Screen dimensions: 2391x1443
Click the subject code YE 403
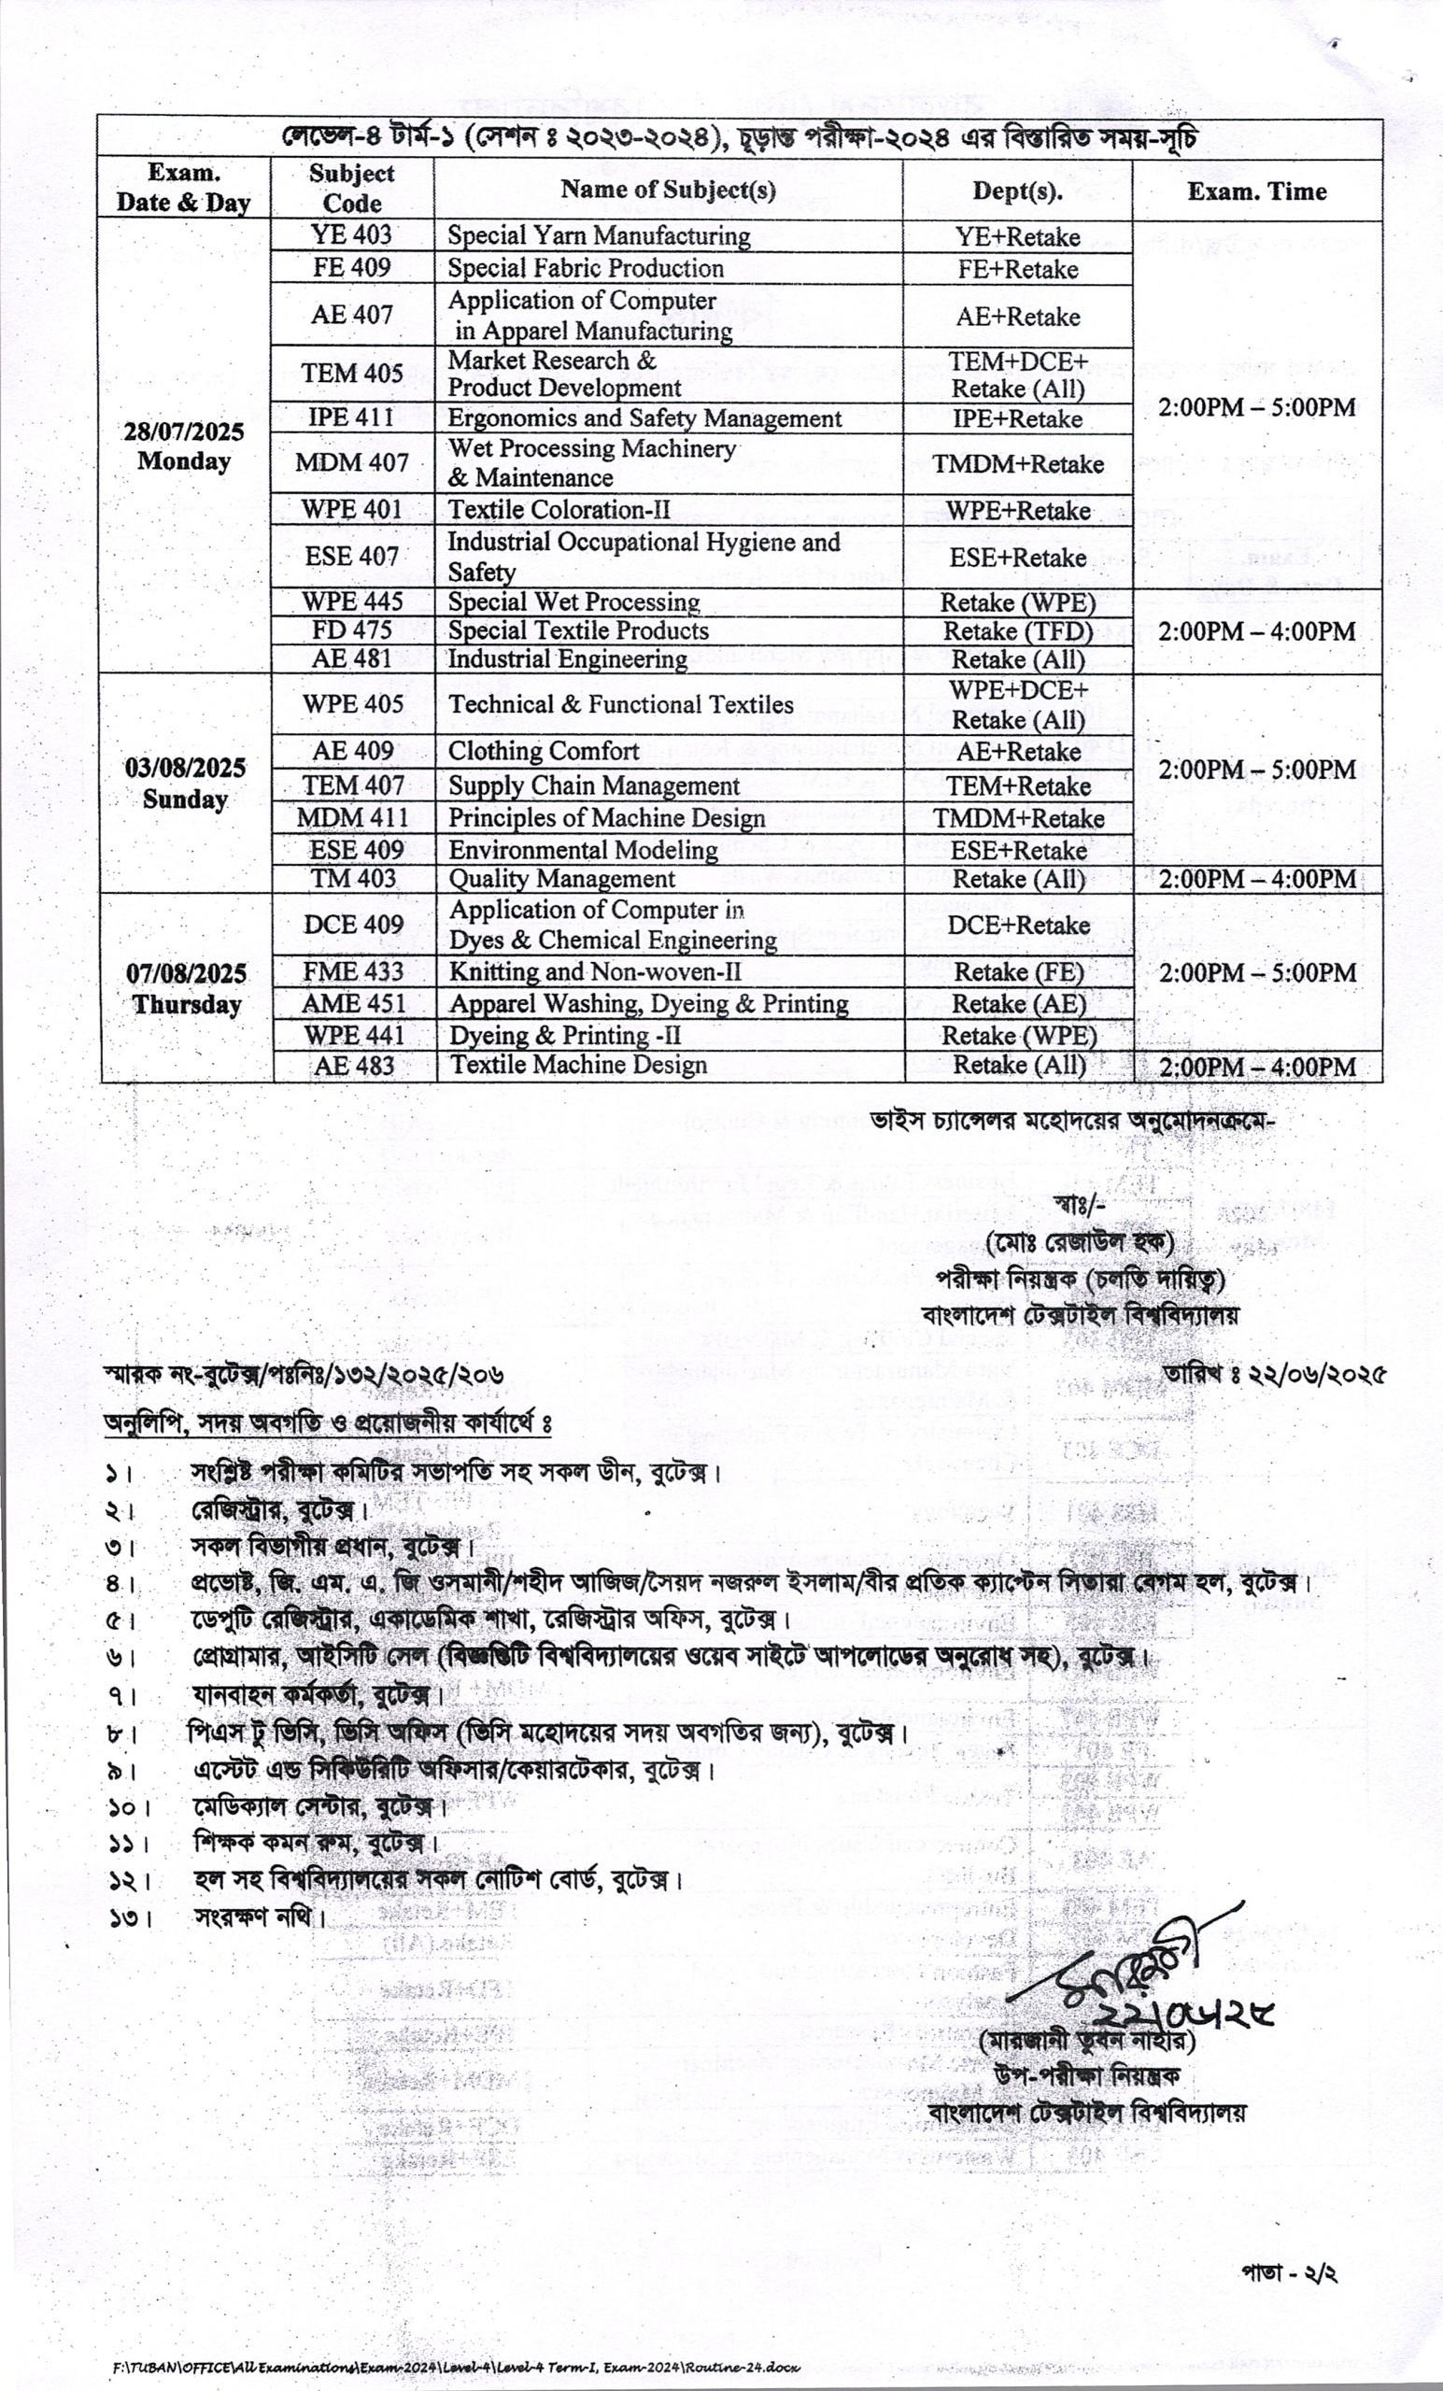[x=351, y=234]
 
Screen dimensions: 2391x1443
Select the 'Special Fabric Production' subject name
[x=586, y=268]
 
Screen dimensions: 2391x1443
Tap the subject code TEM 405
[x=351, y=374]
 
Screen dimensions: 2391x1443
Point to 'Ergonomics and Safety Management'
[x=644, y=418]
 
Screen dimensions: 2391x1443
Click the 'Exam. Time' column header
[x=1257, y=191]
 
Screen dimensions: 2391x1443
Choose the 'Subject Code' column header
[x=351, y=189]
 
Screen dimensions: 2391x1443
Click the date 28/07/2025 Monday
[x=183, y=446]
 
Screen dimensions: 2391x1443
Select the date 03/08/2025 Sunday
[x=184, y=783]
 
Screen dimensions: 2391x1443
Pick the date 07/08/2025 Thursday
[x=186, y=988]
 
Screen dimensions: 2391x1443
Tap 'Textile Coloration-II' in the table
[x=558, y=509]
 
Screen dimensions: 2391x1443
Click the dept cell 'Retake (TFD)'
[x=1018, y=631]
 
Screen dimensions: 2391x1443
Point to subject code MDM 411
[x=352, y=818]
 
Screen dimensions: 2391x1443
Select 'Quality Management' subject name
[x=561, y=879]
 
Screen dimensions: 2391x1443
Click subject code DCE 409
[x=353, y=924]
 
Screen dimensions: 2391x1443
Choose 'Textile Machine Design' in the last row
[x=577, y=1065]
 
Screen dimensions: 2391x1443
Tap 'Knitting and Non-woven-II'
[x=595, y=971]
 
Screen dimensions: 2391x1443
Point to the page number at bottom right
[x=1289, y=2273]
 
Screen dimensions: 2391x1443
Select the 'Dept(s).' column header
[x=1017, y=191]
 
